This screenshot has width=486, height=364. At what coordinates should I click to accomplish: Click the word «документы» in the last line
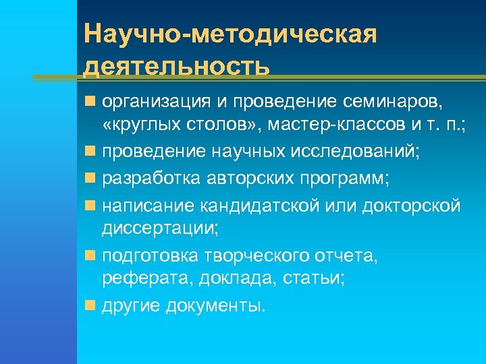[217, 306]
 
